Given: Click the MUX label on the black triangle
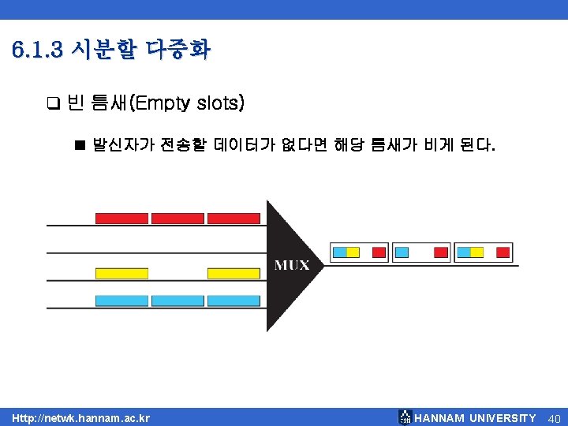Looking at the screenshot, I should tap(292, 265).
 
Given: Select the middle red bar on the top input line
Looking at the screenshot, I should tap(177, 218).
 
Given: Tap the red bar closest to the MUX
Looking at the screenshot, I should tap(234, 218).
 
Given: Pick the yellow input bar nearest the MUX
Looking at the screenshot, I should tap(234, 273).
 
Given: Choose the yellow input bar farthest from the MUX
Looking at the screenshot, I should tap(121, 273).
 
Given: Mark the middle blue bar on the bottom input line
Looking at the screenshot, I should tap(177, 301).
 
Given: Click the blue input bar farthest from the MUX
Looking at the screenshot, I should tap(121, 301).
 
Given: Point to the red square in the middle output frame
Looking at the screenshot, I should tap(441, 252).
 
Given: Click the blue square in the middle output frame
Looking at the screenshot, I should tap(402, 252).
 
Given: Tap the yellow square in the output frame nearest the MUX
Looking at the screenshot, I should tap(353, 252).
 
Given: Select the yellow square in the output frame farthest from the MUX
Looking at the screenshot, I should tap(477, 252).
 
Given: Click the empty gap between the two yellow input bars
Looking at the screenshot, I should tap(177, 273).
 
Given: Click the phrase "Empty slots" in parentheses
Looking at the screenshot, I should tap(189, 103).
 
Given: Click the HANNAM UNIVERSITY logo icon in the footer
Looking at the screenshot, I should tap(405, 417).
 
